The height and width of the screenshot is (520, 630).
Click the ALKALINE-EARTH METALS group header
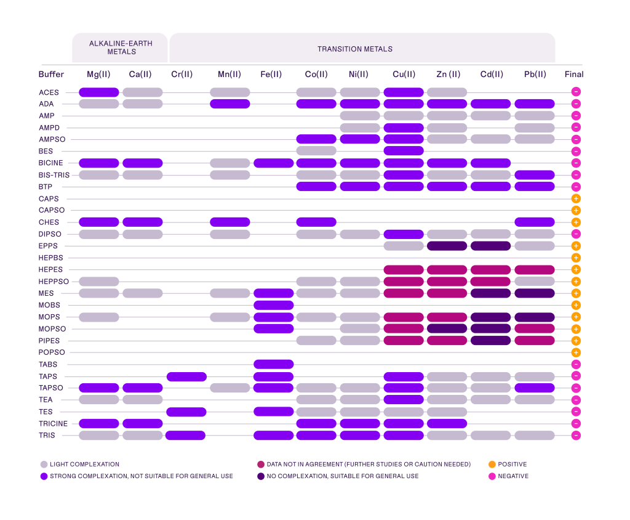(121, 48)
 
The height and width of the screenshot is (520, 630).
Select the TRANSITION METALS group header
(354, 49)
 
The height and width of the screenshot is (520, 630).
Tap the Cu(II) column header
(404, 75)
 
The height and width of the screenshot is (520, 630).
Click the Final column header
(573, 75)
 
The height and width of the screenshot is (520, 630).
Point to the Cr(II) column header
(181, 75)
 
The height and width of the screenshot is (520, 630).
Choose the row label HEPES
(50, 270)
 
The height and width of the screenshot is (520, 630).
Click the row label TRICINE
(53, 424)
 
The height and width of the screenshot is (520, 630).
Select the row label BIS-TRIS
(54, 175)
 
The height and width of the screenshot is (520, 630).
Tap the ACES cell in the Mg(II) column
(98, 92)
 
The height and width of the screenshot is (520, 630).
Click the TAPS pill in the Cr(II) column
(186, 376)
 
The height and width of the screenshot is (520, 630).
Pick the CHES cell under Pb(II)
(535, 222)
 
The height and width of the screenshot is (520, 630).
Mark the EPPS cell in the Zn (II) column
(447, 246)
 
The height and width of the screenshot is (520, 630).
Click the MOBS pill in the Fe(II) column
(274, 305)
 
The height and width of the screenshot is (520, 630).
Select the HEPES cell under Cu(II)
(404, 270)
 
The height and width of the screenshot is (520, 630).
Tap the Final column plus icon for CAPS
(576, 199)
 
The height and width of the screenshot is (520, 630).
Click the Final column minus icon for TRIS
(576, 436)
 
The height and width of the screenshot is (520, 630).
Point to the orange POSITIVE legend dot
(492, 465)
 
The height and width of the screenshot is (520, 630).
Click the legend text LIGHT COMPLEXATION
(85, 465)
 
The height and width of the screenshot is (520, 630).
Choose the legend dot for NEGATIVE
(492, 476)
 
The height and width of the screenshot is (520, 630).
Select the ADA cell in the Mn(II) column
(230, 104)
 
